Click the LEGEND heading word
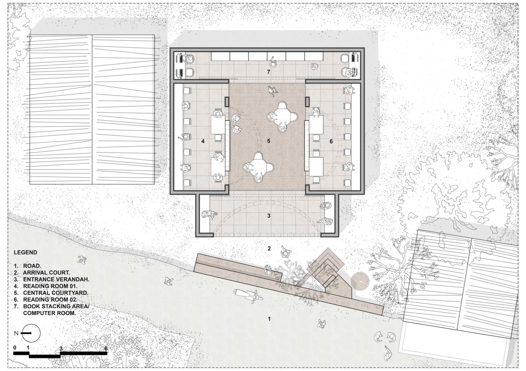coord(25,252)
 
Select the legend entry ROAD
coord(32,266)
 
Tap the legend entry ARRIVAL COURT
coord(46,273)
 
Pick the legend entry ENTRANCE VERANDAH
coord(56,279)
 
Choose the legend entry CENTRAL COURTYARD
coord(56,293)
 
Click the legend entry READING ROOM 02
coord(50,300)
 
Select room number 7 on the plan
coord(269,72)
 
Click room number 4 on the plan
coord(203,141)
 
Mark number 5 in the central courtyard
coord(269,141)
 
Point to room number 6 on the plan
coord(331,141)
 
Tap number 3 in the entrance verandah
coord(269,216)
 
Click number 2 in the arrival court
coord(269,248)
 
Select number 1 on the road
coord(269,319)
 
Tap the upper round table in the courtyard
coord(283,116)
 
